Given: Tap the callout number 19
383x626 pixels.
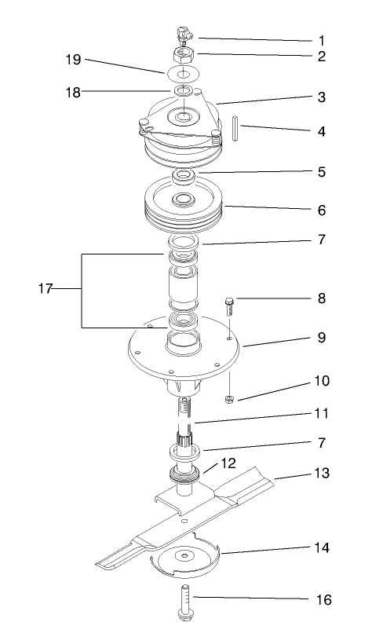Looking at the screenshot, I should pyautogui.click(x=72, y=60).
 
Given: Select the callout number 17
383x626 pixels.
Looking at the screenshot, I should pyautogui.click(x=44, y=289).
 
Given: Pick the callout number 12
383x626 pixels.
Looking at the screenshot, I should pyautogui.click(x=227, y=465).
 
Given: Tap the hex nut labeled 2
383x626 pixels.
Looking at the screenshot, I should pyautogui.click(x=184, y=57).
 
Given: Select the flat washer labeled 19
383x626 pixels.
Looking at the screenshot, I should pyautogui.click(x=184, y=74).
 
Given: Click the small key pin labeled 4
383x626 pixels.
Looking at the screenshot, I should pyautogui.click(x=235, y=128).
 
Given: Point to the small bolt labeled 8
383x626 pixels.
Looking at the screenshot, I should pyautogui.click(x=229, y=304).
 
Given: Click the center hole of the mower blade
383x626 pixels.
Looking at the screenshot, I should pyautogui.click(x=184, y=519).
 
